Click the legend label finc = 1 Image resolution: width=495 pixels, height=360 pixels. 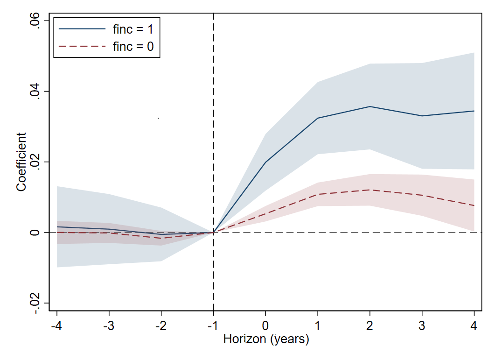133,29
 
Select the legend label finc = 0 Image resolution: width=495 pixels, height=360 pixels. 133,47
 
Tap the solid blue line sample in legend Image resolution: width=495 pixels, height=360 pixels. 82,29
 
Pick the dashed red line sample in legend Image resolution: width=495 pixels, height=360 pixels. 82,47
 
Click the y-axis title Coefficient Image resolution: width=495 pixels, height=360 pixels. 21,162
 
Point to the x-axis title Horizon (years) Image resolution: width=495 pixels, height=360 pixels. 266,339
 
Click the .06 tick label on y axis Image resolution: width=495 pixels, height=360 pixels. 34,21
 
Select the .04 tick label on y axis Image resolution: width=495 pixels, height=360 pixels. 34,92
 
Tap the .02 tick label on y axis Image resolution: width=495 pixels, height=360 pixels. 34,162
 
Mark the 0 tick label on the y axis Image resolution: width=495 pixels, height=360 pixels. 34,233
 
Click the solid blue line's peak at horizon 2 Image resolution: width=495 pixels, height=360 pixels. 370,106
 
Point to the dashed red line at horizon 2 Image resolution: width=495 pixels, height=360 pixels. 370,190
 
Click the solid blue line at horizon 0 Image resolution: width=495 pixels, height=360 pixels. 265,162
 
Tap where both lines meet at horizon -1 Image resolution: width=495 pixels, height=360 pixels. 214,232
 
